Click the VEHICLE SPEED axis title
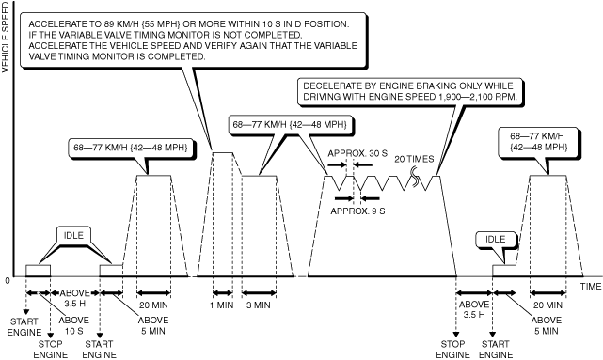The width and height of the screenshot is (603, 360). [5, 38]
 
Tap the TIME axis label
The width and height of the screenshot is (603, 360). [591, 287]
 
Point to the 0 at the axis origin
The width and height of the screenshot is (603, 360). [8, 281]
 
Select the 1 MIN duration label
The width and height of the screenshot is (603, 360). [222, 305]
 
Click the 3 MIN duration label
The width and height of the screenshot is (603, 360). [259, 305]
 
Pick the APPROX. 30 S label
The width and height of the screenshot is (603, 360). [357, 154]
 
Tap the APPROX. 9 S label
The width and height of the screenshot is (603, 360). [357, 211]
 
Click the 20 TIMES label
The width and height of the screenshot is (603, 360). [414, 159]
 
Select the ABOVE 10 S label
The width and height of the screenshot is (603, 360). [73, 325]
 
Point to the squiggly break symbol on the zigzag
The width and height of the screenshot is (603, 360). [416, 178]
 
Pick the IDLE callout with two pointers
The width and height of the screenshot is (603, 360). [73, 235]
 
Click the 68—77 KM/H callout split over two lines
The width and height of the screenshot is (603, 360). [538, 142]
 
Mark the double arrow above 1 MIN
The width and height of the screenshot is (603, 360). [223, 293]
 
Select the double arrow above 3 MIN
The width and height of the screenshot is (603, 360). [259, 293]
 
